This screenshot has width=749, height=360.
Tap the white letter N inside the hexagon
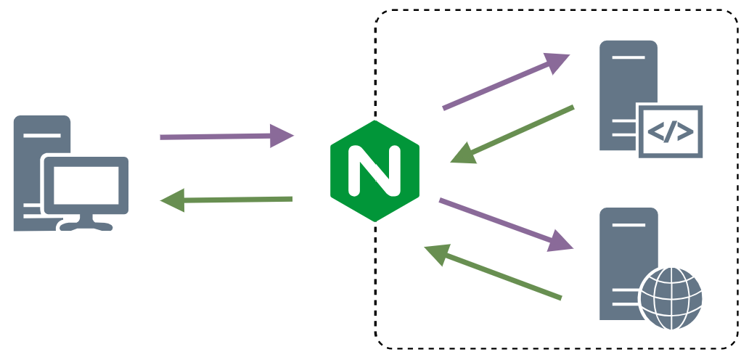374,171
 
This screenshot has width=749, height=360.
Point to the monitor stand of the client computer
86,222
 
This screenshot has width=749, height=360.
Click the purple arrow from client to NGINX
218,136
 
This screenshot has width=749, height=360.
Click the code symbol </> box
671,131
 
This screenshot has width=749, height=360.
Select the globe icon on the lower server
671,298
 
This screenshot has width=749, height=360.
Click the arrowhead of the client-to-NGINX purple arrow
282,136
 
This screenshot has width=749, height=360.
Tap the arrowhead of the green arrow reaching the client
173,200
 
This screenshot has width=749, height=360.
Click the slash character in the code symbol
671,131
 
